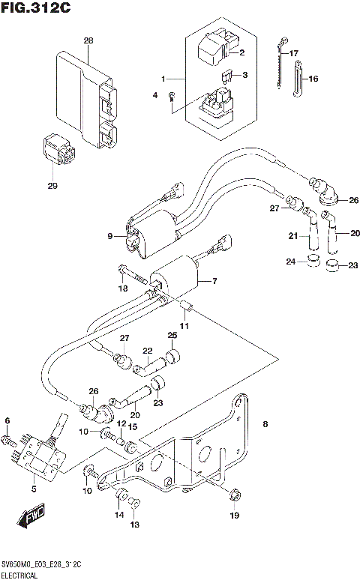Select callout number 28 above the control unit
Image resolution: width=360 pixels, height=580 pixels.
(88, 40)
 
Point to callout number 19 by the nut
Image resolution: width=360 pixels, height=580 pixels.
(234, 516)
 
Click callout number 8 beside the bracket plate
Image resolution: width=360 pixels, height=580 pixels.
(265, 425)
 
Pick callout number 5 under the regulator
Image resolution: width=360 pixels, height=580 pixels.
(32, 489)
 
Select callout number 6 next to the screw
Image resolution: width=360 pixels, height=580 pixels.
(7, 420)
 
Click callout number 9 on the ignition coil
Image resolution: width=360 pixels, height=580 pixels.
(109, 237)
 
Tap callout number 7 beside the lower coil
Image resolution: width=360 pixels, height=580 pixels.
(214, 281)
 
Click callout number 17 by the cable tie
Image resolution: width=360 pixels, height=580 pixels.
(293, 53)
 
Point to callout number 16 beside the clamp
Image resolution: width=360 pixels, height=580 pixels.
(313, 79)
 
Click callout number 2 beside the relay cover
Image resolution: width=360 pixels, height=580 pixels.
(241, 52)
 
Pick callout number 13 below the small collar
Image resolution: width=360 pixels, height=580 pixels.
(134, 525)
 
